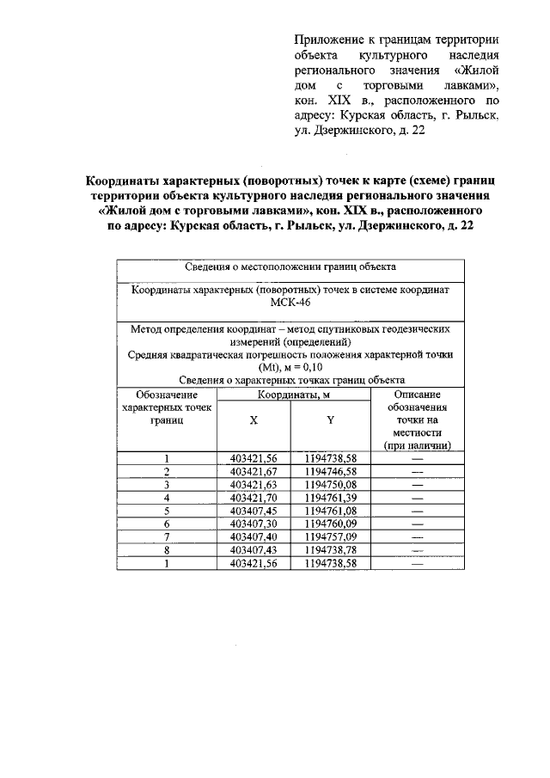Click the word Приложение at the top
click(326, 40)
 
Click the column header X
click(254, 420)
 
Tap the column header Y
click(330, 420)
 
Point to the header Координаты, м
click(291, 394)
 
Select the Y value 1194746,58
click(330, 472)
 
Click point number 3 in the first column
click(168, 485)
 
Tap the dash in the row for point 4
click(418, 498)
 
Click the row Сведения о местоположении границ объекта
click(290, 266)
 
